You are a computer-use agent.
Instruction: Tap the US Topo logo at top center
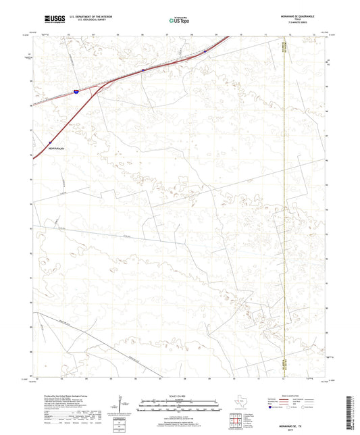[x=178, y=21]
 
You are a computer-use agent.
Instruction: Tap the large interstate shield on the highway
[x=77, y=89]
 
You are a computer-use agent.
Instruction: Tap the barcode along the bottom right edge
[x=351, y=405]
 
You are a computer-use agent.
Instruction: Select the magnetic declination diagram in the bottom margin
[x=120, y=405]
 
